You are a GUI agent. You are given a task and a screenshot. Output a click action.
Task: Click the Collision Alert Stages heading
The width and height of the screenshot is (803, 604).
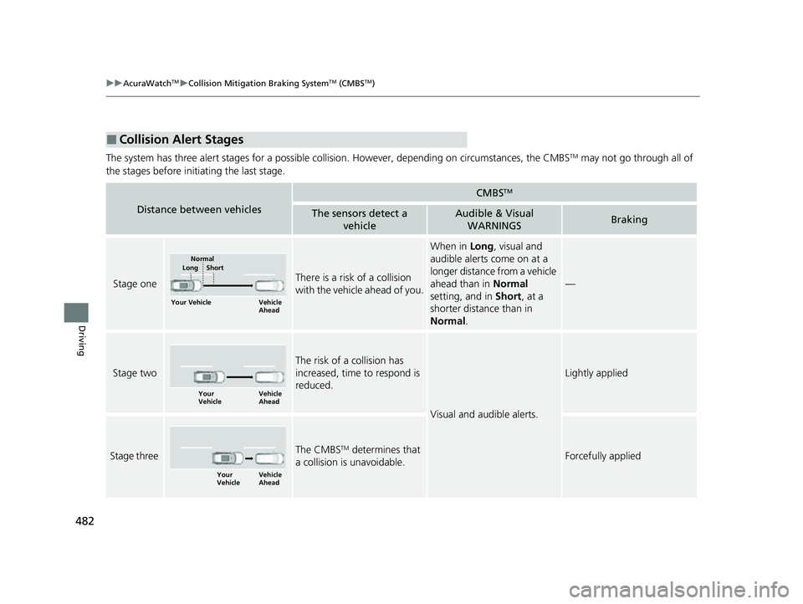187,140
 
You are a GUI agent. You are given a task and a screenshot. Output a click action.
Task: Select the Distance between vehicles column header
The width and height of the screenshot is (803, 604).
198,208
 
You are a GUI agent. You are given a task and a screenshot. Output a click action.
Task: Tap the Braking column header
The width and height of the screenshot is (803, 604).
628,220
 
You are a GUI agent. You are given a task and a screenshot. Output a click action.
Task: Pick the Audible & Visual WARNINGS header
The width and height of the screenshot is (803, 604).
494,220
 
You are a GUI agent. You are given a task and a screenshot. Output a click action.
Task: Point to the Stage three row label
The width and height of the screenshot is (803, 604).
134,456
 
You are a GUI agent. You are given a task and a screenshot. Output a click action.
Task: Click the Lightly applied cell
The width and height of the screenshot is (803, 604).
596,373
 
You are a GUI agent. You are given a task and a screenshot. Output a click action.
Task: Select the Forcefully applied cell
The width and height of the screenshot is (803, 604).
603,456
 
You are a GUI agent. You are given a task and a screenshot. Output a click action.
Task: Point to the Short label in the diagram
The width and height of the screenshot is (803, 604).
214,268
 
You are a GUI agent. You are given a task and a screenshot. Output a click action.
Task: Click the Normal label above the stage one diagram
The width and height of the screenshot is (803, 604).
202,259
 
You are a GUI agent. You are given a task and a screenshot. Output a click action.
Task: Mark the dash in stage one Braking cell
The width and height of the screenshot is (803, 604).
570,284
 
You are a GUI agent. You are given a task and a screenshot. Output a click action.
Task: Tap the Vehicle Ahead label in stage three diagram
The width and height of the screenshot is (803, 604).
269,479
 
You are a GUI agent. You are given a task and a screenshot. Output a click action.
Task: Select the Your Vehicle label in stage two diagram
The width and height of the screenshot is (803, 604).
210,397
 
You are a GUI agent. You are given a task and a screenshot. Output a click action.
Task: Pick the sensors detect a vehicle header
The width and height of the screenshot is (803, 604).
359,220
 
